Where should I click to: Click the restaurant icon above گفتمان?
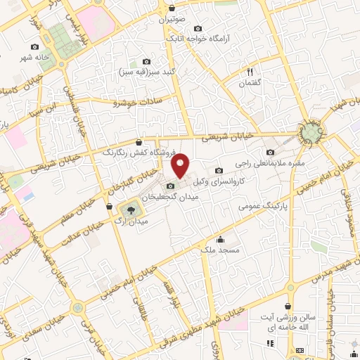point(250,72)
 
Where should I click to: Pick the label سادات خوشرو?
point(140,102)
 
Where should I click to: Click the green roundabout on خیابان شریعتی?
point(309,131)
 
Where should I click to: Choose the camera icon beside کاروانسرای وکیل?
point(219,169)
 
